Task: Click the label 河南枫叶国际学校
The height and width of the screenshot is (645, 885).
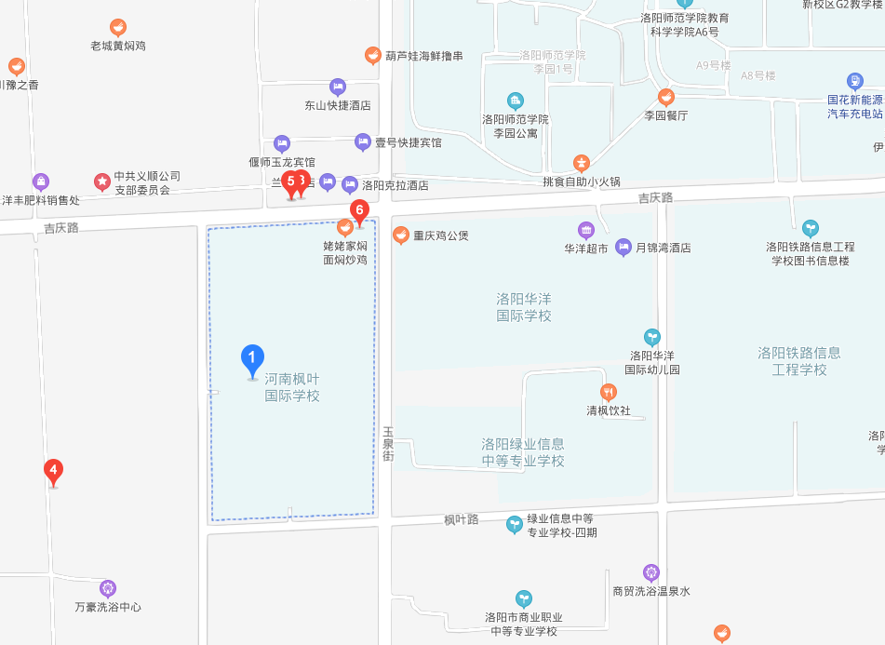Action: (292, 387)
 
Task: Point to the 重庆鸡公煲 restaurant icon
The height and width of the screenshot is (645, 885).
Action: (401, 235)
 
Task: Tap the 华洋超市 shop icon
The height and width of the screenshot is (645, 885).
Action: (585, 230)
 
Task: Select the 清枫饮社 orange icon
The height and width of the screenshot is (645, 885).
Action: (609, 392)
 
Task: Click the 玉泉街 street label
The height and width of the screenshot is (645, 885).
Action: (388, 444)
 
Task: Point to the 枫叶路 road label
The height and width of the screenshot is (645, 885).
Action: (461, 519)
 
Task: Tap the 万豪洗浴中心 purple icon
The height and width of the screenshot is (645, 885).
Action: (108, 588)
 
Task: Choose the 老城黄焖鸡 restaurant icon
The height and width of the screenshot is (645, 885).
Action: (117, 27)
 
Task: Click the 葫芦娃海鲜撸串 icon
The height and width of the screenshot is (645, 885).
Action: (372, 56)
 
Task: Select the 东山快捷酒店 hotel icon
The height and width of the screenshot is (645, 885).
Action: (337, 87)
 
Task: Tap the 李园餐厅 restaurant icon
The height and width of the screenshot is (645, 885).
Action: (665, 97)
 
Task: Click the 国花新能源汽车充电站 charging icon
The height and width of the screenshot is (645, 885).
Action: (854, 81)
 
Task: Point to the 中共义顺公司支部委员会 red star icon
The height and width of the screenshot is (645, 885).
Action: (101, 180)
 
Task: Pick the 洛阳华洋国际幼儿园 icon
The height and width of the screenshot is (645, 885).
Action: (651, 337)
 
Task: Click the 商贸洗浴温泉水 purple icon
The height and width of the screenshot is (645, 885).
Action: (650, 572)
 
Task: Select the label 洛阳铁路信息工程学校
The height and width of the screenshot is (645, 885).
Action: (798, 361)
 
